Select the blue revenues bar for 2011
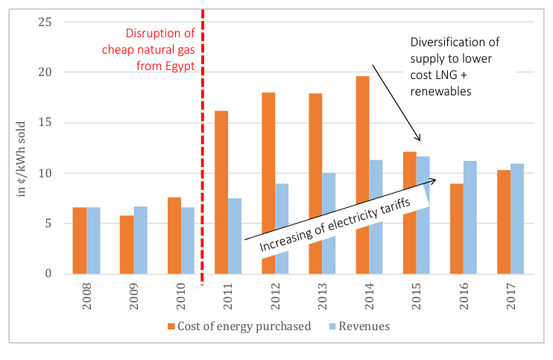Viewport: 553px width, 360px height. click(x=235, y=236)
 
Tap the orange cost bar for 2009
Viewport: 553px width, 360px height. click(x=127, y=244)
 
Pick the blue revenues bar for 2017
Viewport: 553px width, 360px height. click(x=517, y=218)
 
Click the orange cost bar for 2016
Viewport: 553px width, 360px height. click(x=457, y=229)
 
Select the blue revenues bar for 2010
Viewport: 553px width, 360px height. click(x=188, y=241)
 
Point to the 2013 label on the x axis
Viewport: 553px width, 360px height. click(x=323, y=296)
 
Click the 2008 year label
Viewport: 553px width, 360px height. click(x=86, y=296)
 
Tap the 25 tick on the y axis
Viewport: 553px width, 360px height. click(x=45, y=22)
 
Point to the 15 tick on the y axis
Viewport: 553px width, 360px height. click(x=45, y=123)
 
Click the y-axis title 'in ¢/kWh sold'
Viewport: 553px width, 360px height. click(x=21, y=159)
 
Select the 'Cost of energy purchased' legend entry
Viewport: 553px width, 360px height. click(x=239, y=326)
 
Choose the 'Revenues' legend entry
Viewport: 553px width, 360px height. click(x=360, y=326)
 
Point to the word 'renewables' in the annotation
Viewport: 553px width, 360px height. click(x=441, y=92)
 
